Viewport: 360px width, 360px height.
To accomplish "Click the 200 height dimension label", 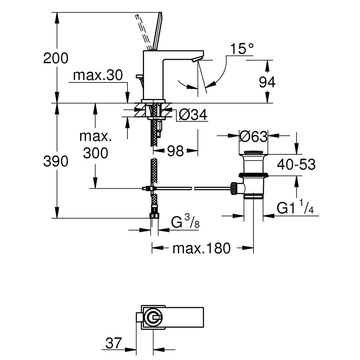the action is (56, 58).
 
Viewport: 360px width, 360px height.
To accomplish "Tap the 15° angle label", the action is (242, 49).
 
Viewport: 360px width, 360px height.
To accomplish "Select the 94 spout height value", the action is (267, 82).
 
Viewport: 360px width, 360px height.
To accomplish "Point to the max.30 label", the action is (98, 75).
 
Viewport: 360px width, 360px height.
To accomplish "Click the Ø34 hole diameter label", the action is (193, 114).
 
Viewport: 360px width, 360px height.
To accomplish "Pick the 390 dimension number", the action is (56, 161).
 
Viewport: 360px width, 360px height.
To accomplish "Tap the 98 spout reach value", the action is (176, 151).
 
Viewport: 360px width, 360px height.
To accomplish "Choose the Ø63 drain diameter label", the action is (253, 136).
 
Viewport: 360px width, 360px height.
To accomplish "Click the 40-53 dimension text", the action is (296, 165).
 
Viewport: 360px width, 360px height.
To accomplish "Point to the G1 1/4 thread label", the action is (295, 207).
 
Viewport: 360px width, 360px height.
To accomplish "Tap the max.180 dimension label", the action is (201, 248).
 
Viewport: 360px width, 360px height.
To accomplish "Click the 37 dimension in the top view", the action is (114, 343).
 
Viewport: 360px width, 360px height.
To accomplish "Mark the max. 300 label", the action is (95, 145).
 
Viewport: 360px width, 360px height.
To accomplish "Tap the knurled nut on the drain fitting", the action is (234, 188).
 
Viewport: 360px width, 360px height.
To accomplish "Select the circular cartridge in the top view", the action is (153, 317).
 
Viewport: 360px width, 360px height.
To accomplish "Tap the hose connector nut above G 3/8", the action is (154, 215).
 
